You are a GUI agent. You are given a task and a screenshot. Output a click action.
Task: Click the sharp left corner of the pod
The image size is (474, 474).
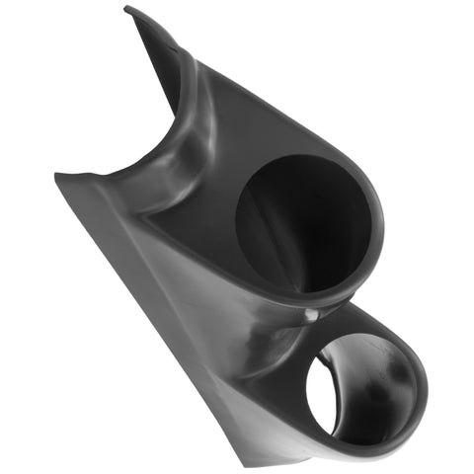click(57, 176)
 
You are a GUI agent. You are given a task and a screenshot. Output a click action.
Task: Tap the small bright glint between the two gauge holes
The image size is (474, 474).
click(312, 314)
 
